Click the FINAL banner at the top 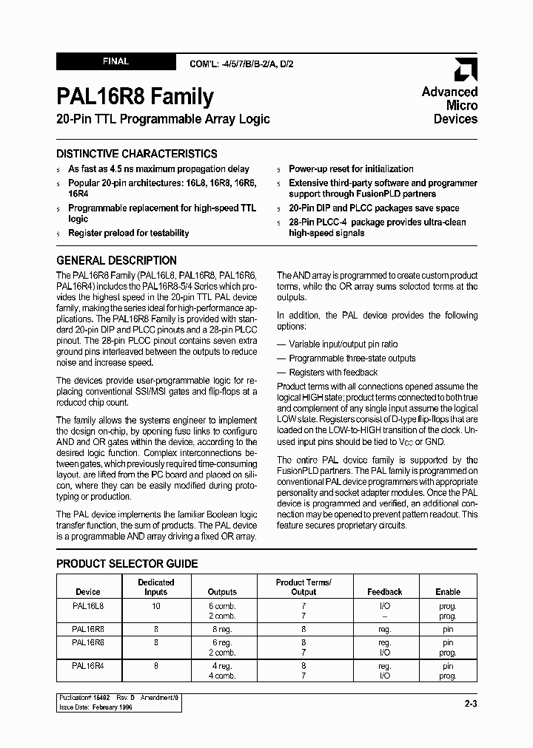pos(115,62)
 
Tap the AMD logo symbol pos(466,69)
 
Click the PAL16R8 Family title pos(135,96)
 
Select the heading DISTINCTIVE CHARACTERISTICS pos(137,154)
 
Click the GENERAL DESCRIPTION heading pos(116,260)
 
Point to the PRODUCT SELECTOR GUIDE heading pos(127,563)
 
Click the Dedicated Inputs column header pos(156,587)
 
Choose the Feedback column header pos(385,592)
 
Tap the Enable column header pos(448,592)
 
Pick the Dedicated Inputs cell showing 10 pos(156,605)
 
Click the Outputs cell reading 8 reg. pos(222,629)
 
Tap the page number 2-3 pos(470,704)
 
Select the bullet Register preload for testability pos(128,233)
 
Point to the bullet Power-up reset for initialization pos(351,169)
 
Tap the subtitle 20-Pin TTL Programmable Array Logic pos(163,119)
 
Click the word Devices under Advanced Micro pos(455,119)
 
